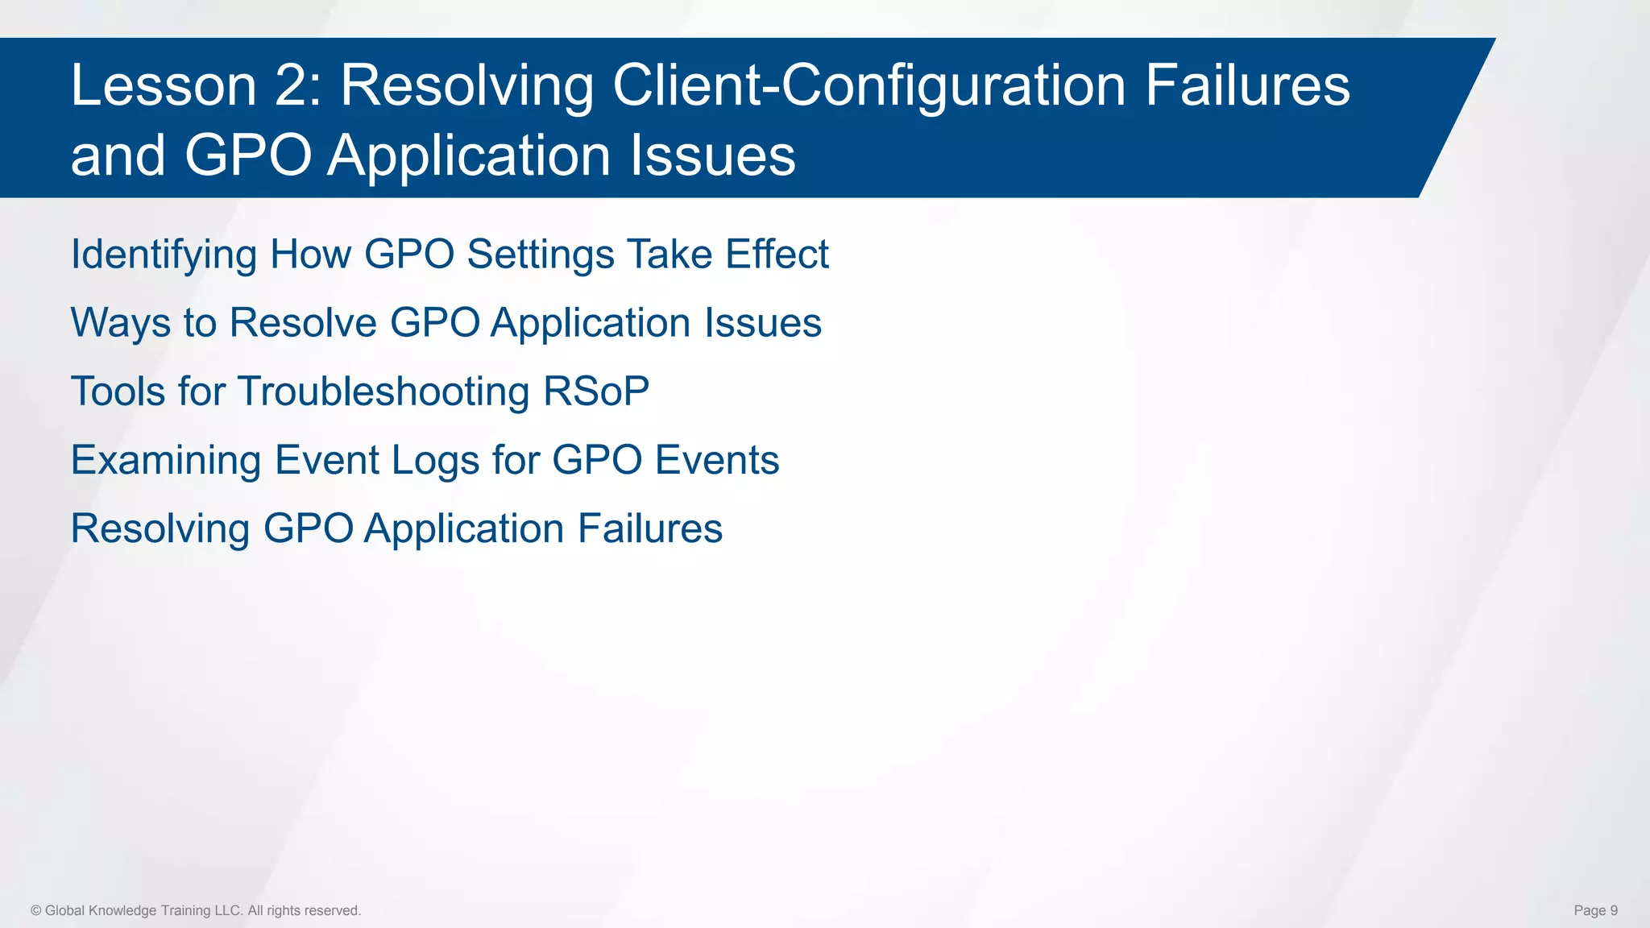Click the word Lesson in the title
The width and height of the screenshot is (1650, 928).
point(164,85)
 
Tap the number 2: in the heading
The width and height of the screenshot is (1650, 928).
point(298,85)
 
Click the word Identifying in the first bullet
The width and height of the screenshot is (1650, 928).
point(164,255)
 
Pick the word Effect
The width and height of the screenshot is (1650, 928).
point(776,255)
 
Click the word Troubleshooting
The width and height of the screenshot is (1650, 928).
point(383,392)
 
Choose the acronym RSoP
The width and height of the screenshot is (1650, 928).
point(596,391)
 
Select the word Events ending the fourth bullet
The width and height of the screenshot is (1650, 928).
point(716,460)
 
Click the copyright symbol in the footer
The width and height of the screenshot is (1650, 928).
point(36,910)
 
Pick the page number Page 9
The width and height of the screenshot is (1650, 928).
point(1595,910)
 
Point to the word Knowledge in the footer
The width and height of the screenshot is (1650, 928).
point(122,910)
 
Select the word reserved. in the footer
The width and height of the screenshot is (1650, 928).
point(333,910)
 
